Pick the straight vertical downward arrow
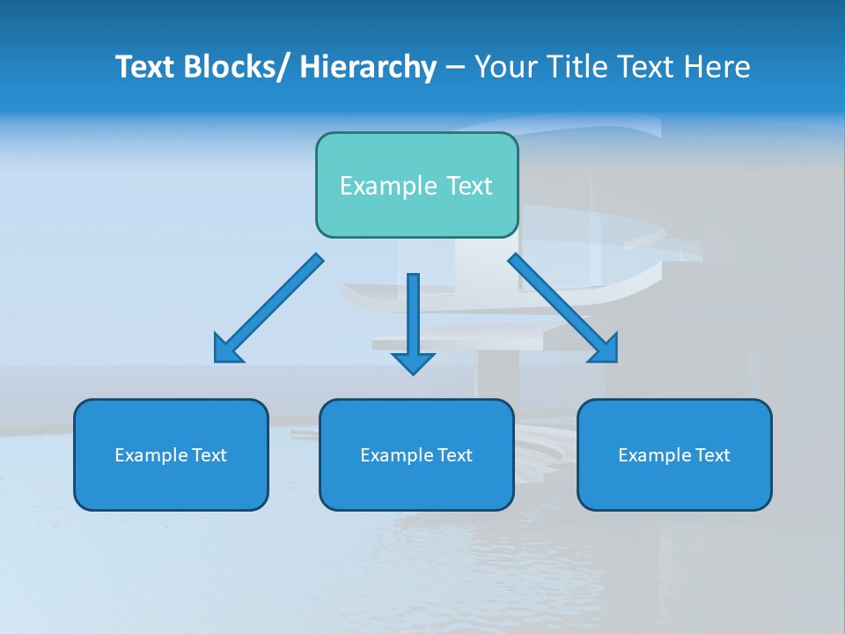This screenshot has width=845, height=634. tap(413, 321)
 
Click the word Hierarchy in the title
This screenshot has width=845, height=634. tap(368, 67)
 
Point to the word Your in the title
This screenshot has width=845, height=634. tap(505, 67)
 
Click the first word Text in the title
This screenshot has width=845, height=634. tap(146, 67)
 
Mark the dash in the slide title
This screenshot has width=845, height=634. tap(455, 68)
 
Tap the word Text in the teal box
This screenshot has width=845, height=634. tap(470, 186)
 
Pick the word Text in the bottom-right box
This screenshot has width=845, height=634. tap(712, 455)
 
